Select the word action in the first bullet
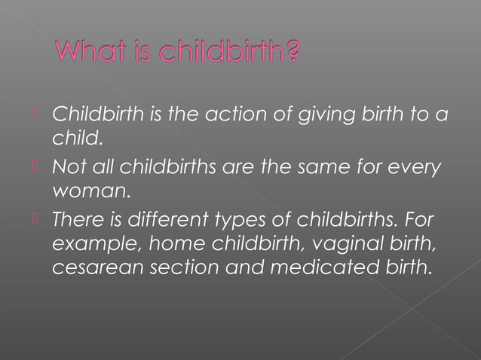235,117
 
